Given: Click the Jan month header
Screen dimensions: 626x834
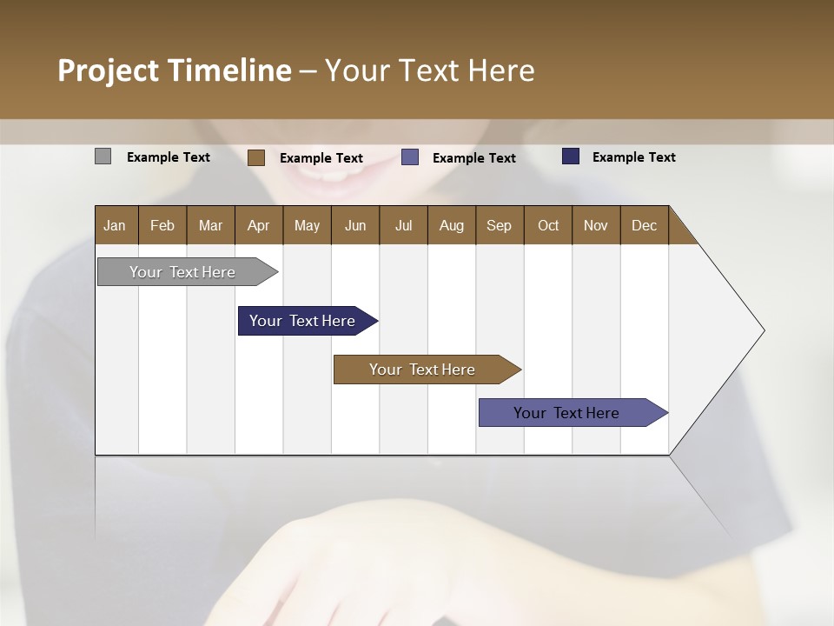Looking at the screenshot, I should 115,225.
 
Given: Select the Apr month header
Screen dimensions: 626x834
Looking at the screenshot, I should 258,225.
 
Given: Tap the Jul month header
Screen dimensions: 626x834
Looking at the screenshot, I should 403,225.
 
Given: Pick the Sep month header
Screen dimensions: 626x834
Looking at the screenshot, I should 499,225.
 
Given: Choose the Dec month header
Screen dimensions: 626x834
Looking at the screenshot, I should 644,225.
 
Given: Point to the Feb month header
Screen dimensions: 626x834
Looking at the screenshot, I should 162,225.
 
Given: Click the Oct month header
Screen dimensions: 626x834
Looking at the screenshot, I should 548,225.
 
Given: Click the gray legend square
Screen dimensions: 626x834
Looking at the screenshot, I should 103,156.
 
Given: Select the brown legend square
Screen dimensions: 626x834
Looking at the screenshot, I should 255,157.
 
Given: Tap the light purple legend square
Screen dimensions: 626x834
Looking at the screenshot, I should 410,157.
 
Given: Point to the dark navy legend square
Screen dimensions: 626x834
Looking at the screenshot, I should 571,156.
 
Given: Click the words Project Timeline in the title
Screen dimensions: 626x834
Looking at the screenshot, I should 175,70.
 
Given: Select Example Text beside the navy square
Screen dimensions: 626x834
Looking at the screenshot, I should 633,157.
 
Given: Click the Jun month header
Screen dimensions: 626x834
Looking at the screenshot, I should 355,225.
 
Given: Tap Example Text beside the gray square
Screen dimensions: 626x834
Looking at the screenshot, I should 169,157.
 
